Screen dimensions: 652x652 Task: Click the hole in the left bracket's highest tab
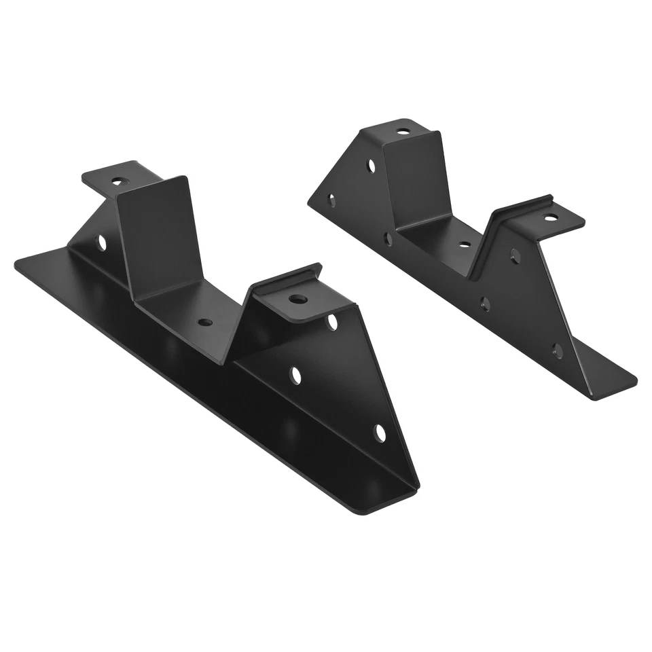[120, 181]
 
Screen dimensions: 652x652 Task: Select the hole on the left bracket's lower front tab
[296, 299]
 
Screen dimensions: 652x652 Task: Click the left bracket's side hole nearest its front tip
[380, 432]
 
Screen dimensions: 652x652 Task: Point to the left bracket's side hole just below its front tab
[332, 322]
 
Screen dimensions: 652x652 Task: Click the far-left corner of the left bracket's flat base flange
[17, 265]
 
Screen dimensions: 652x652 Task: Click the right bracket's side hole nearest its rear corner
[332, 200]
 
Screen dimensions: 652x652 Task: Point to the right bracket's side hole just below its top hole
[372, 165]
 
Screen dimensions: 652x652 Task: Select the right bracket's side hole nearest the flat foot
[557, 352]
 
